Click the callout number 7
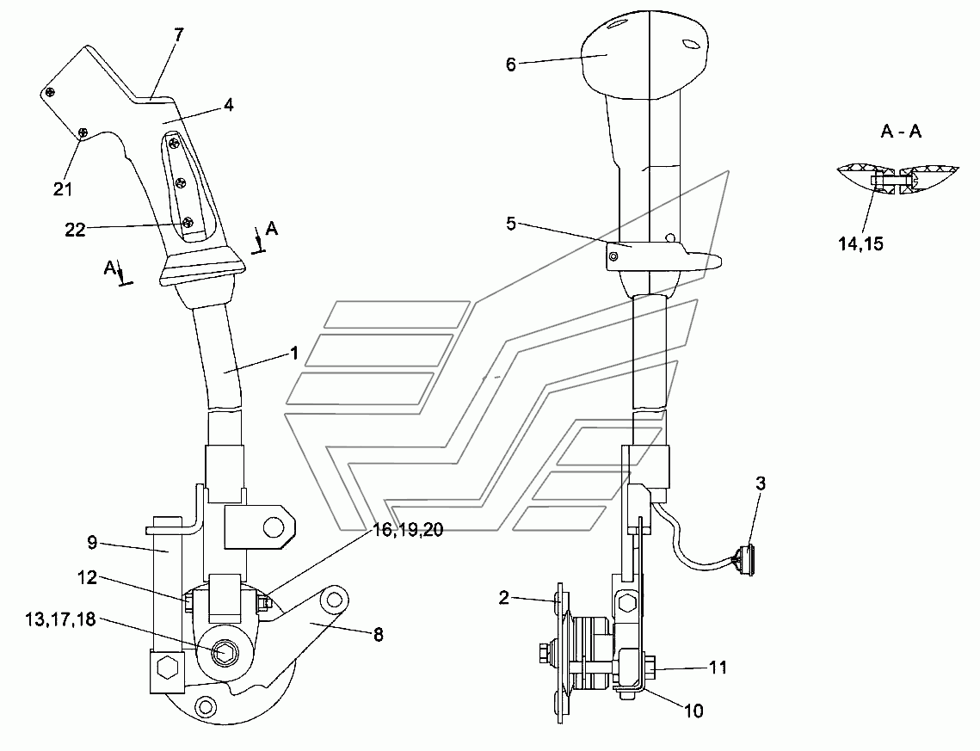(179, 35)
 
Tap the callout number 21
(63, 188)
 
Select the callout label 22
(75, 230)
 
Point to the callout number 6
(510, 65)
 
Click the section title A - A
(901, 132)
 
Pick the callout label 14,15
(860, 243)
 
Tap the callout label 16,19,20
(408, 530)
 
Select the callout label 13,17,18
(60, 619)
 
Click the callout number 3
(761, 483)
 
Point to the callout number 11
(718, 668)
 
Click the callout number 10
(693, 711)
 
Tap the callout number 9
(93, 542)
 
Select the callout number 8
(378, 635)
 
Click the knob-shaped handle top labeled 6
(645, 56)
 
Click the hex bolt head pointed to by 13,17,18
(223, 652)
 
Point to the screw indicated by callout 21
(83, 132)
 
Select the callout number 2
(504, 598)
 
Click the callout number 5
(510, 223)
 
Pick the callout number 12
(88, 577)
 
